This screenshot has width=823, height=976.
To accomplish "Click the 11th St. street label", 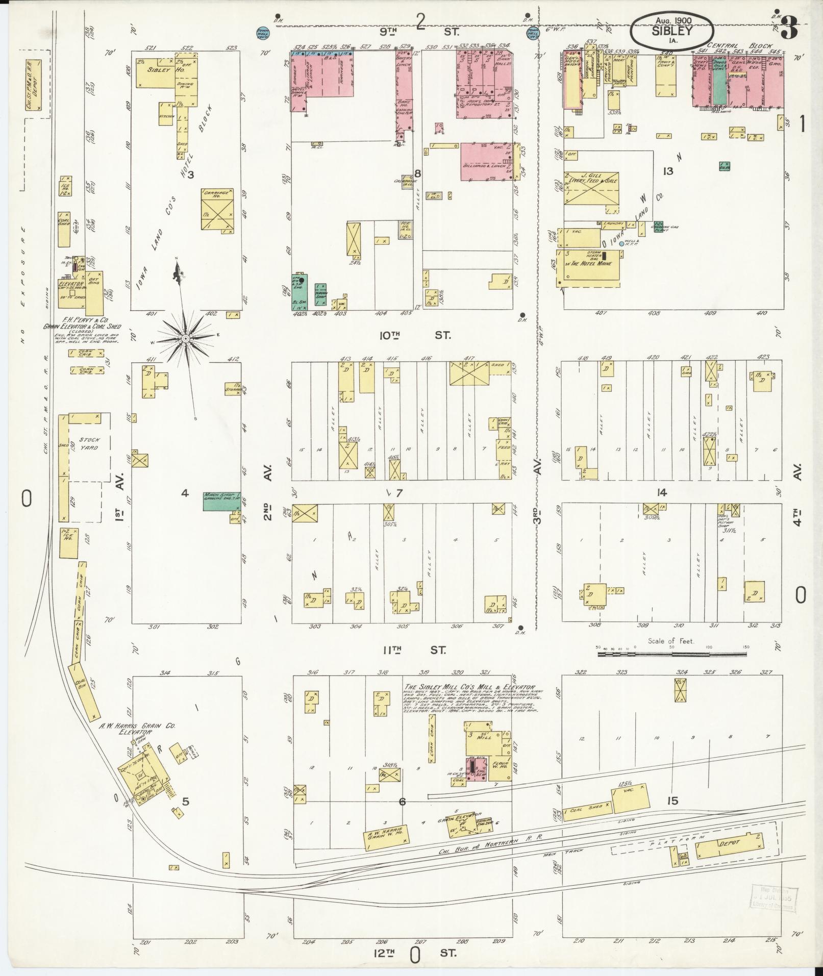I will pyautogui.click(x=414, y=650).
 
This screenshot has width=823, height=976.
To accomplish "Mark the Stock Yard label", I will pyautogui.click(x=89, y=443).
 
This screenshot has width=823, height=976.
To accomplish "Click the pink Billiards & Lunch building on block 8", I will pyautogui.click(x=490, y=162).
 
